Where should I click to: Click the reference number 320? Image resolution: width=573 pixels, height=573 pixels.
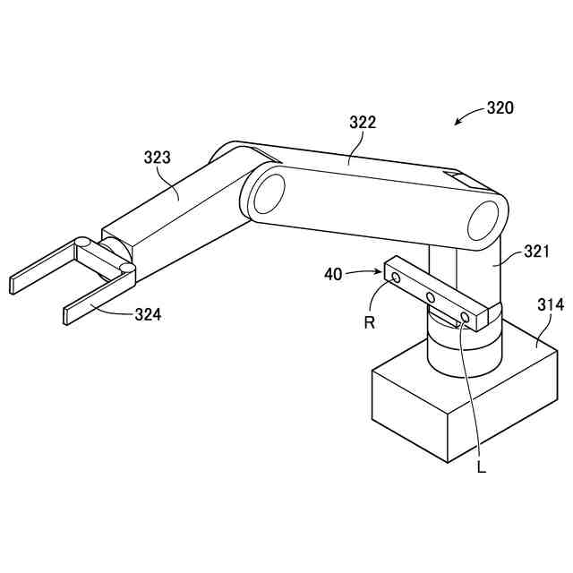pyautogui.click(x=500, y=108)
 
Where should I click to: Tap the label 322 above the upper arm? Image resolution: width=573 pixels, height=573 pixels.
pyautogui.click(x=362, y=123)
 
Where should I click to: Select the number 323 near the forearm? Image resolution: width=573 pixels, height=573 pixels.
pyautogui.click(x=157, y=158)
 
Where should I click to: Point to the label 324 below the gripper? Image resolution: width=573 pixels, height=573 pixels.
pyautogui.click(x=148, y=314)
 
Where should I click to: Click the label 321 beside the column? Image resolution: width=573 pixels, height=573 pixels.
pyautogui.click(x=535, y=252)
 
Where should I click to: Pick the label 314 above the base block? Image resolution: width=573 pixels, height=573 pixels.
pyautogui.click(x=550, y=305)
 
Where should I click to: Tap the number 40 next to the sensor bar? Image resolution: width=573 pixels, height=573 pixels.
pyautogui.click(x=333, y=274)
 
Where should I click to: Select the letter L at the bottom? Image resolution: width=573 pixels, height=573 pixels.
pyautogui.click(x=482, y=467)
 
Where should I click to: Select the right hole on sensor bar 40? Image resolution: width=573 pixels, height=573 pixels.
pyautogui.click(x=465, y=317)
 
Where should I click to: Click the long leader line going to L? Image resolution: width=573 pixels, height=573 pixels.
pyautogui.click(x=473, y=394)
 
